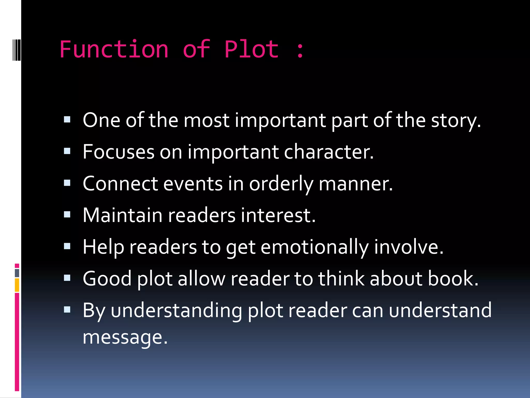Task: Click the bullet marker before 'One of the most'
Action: [x=67, y=119]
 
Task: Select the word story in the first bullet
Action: [x=455, y=121]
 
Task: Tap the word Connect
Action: [x=120, y=184]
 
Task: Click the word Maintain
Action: [x=122, y=215]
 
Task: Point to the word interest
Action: [x=278, y=215]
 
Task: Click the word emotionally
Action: [x=315, y=247]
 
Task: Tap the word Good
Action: [x=107, y=279]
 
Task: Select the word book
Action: [x=453, y=279]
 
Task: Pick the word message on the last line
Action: [x=125, y=337]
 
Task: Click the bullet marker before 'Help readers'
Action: [x=67, y=246]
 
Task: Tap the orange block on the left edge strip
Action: [x=17, y=285]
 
